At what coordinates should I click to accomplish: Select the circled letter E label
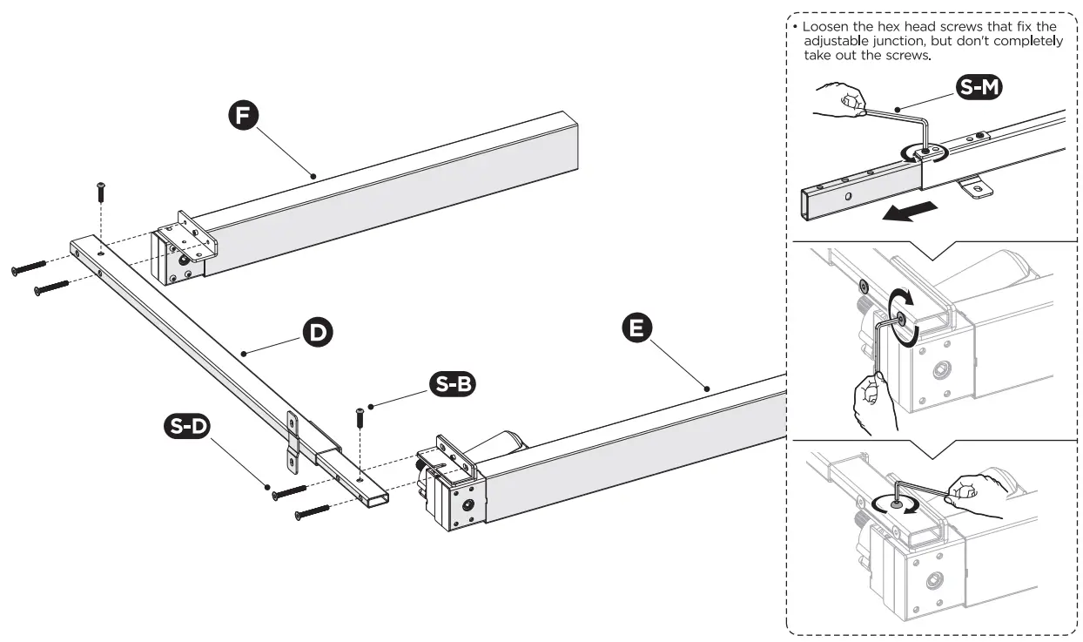click(637, 328)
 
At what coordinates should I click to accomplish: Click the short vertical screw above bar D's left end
click(101, 192)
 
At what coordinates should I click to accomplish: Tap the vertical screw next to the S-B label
click(359, 417)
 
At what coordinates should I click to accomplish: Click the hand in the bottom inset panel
click(972, 490)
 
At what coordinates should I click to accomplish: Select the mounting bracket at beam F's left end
click(185, 249)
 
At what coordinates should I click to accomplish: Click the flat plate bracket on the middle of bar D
click(293, 439)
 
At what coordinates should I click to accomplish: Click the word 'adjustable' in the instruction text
click(837, 40)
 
